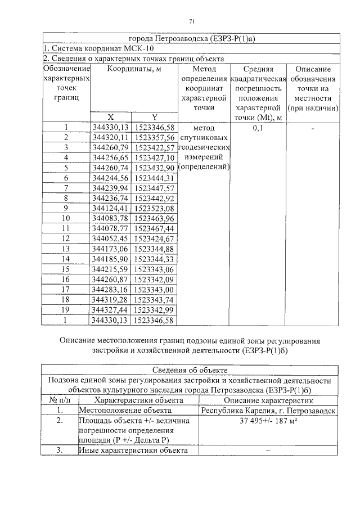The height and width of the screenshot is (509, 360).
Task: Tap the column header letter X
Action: click(x=110, y=117)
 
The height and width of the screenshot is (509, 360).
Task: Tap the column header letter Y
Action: click(x=154, y=117)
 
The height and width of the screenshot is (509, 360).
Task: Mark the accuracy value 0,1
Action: click(x=258, y=128)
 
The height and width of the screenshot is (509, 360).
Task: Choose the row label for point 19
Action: click(x=66, y=310)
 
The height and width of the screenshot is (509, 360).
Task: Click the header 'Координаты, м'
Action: click(x=133, y=69)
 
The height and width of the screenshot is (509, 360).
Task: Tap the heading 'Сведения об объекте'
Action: click(x=190, y=370)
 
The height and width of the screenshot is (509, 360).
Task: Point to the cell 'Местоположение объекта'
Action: click(x=117, y=411)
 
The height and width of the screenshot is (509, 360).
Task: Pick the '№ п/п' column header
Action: click(x=59, y=400)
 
